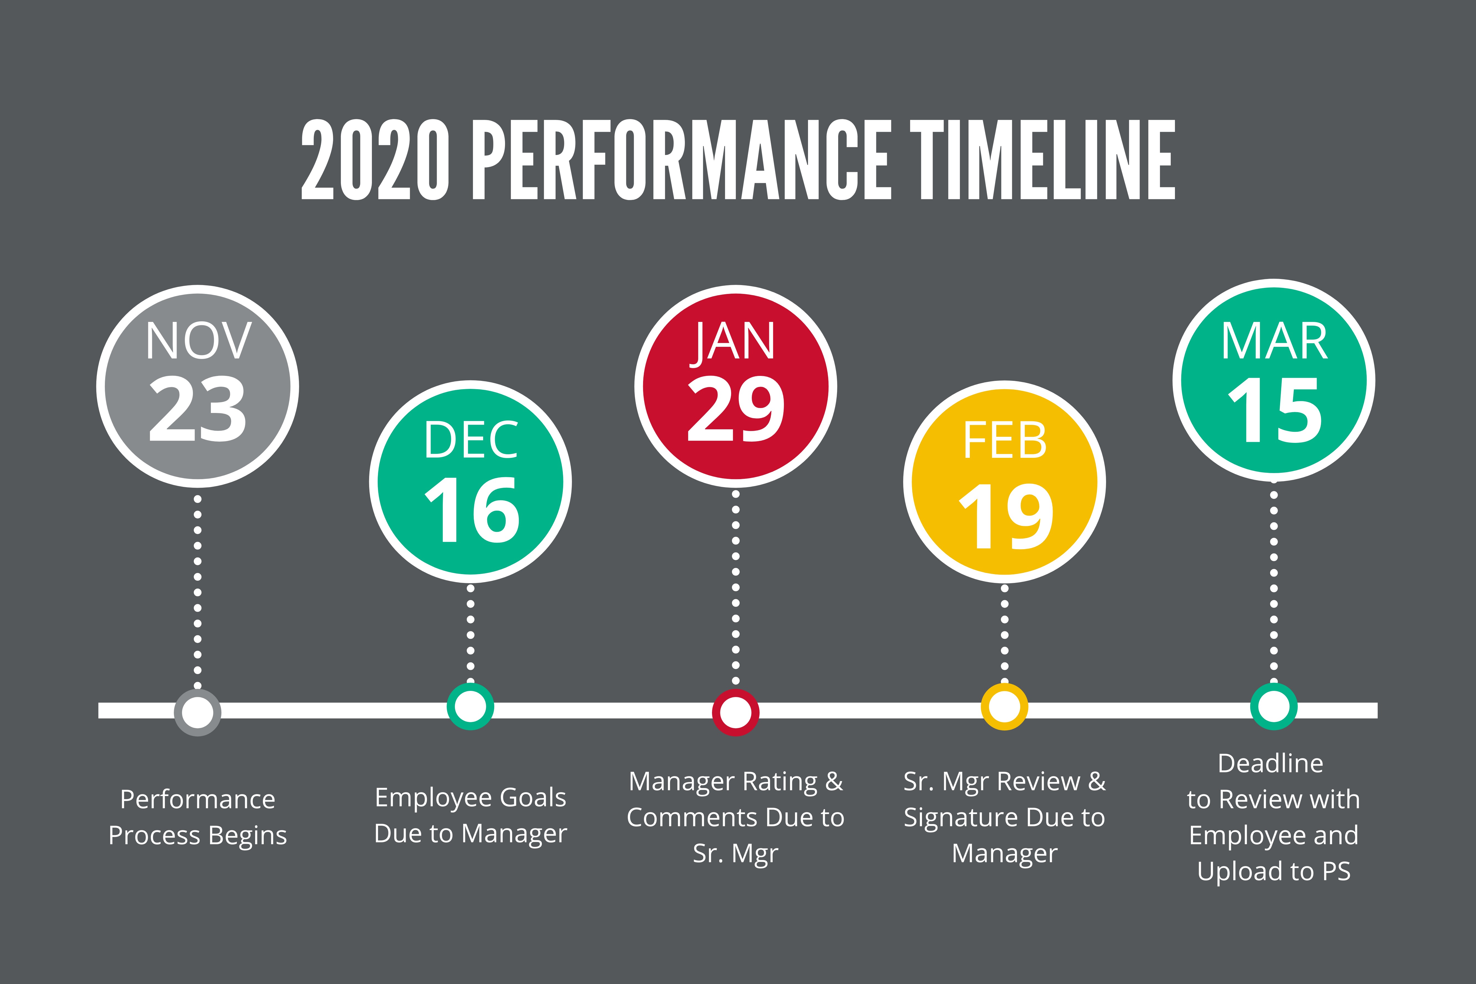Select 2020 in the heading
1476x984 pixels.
coord(375,160)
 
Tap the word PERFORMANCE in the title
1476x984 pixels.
coord(682,160)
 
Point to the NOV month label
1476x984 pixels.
coord(198,341)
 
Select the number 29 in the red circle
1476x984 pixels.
coord(736,409)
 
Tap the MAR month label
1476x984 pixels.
coord(1274,341)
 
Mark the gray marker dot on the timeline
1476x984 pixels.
coord(198,712)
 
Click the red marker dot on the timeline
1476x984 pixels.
coord(736,712)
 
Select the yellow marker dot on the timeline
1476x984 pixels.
coord(1004,707)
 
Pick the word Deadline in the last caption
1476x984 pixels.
coord(1271,763)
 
